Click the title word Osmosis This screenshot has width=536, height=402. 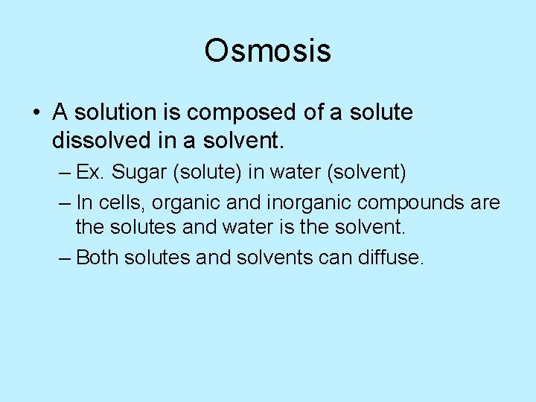[267, 51]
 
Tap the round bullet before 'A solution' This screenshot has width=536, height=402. [35, 113]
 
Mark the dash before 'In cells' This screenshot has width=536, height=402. [64, 203]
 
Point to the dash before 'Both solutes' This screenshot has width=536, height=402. [64, 258]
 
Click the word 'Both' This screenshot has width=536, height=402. [97, 258]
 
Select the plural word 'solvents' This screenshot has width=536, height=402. [274, 258]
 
